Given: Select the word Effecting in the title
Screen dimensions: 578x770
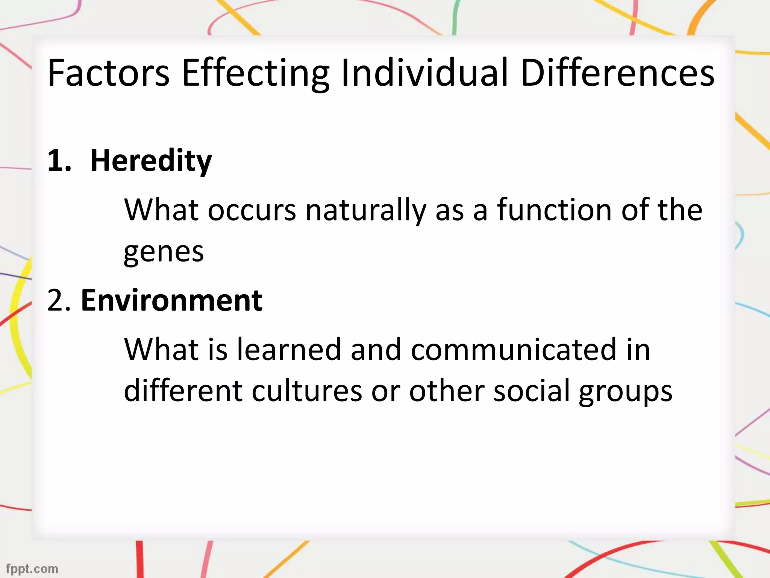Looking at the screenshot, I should [x=255, y=73].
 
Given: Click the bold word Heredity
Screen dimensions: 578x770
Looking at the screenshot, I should [x=151, y=161].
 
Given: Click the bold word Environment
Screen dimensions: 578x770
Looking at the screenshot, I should [x=171, y=301].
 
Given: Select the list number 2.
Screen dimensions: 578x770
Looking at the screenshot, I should [x=59, y=301].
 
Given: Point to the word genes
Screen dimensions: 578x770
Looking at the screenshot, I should [x=164, y=252].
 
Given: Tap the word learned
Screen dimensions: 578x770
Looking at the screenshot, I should [x=289, y=350].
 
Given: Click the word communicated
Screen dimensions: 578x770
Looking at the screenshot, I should [x=514, y=350].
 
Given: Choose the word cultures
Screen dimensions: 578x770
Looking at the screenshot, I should [x=307, y=391].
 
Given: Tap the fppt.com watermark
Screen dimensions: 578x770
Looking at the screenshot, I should [x=32, y=568].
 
